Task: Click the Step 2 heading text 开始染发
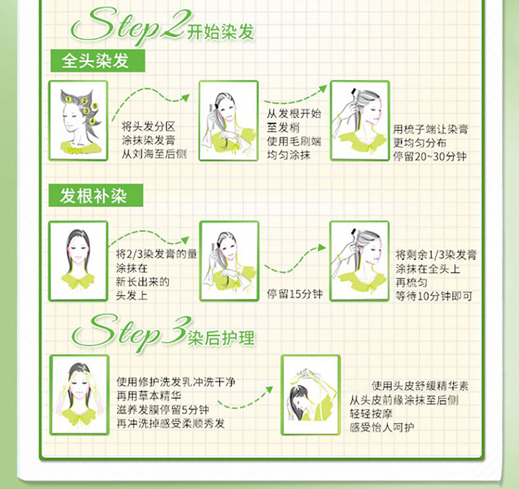[221, 32]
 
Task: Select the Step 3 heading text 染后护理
[221, 338]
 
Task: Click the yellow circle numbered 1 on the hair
[69, 99]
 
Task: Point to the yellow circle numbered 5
[95, 106]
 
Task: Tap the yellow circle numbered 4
[92, 122]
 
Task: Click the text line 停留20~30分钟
[430, 156]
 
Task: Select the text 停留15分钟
[295, 294]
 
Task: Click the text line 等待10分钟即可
[434, 296]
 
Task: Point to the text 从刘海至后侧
[154, 154]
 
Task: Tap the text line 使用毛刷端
[294, 141]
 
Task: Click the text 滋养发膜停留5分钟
[163, 410]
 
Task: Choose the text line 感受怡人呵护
[382, 427]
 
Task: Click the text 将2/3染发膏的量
[156, 254]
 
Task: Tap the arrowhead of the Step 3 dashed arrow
[270, 389]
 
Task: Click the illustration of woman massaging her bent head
[311, 395]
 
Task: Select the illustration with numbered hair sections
[78, 121]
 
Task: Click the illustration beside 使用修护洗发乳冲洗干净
[80, 395]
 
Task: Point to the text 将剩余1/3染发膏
[436, 255]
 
